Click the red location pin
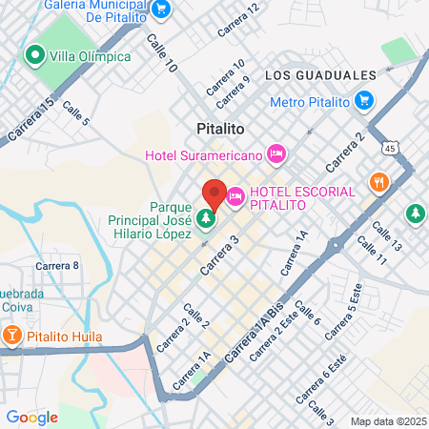(x=214, y=194)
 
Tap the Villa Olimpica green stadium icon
(x=37, y=55)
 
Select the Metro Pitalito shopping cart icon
(x=363, y=100)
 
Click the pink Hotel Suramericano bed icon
(x=276, y=153)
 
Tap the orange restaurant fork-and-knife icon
(x=378, y=181)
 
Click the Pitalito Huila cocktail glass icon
(x=12, y=336)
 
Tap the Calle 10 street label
(x=162, y=54)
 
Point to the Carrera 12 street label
(x=237, y=20)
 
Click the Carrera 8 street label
(x=57, y=265)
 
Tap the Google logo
(x=31, y=417)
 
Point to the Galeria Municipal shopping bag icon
(x=162, y=9)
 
